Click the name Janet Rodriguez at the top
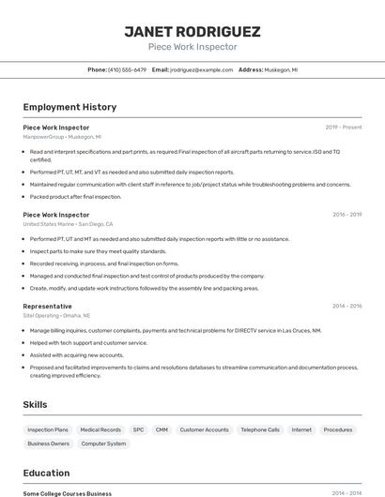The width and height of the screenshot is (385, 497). [192, 32]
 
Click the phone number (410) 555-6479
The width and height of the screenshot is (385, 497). [126, 69]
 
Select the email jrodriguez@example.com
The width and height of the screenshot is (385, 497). [201, 69]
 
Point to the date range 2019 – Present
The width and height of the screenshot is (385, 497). [344, 127]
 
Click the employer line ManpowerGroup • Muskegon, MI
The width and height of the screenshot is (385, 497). [62, 137]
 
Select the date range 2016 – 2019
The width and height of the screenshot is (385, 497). [346, 214]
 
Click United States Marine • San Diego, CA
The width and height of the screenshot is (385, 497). [68, 224]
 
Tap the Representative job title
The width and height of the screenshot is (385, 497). [47, 306]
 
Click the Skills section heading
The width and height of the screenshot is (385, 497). [36, 404]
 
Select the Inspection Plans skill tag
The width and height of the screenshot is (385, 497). [48, 429]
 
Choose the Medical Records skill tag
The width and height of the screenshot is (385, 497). [100, 429]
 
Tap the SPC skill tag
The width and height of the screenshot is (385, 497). [138, 429]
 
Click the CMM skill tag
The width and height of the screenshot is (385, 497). [162, 429]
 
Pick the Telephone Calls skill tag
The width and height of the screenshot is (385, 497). [260, 429]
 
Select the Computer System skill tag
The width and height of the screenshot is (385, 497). [103, 444]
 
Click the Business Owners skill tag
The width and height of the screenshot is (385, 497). [49, 444]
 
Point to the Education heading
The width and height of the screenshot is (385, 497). [46, 474]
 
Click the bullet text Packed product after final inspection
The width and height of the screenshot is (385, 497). [75, 197]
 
